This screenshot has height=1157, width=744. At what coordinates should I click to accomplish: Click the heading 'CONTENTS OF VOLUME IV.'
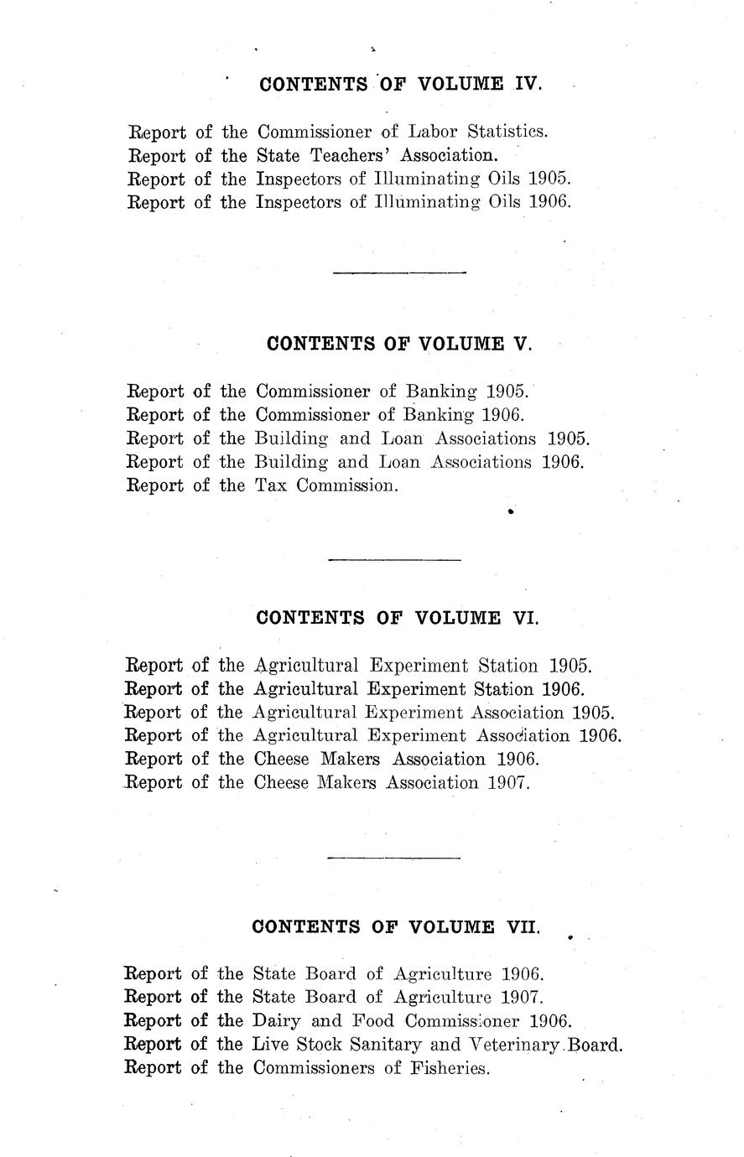click(x=401, y=85)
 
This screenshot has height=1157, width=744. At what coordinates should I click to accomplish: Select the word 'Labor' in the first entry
click(x=432, y=132)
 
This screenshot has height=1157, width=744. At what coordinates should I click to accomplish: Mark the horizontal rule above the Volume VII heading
click(x=393, y=858)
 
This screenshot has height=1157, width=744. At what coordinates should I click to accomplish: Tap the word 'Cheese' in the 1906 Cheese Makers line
click(x=280, y=760)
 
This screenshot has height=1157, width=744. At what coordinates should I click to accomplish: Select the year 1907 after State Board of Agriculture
click(x=523, y=998)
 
